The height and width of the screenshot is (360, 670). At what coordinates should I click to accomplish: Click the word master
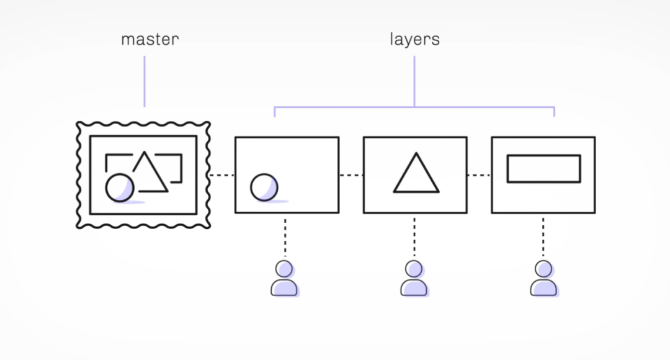click(150, 40)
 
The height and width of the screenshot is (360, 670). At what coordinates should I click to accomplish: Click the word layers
click(414, 40)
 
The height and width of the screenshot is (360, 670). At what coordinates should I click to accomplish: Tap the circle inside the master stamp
click(120, 187)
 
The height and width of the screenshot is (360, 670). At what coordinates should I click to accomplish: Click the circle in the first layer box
click(264, 187)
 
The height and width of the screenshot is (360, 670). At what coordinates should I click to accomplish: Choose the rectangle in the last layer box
click(543, 169)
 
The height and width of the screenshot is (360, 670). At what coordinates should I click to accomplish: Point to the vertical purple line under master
click(145, 81)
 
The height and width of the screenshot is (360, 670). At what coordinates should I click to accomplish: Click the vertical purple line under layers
click(414, 81)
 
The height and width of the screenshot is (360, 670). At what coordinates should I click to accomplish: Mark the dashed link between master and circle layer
click(222, 175)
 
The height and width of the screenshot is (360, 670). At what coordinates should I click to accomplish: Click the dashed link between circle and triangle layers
click(351, 175)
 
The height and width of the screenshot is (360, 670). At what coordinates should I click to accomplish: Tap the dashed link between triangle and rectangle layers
click(479, 175)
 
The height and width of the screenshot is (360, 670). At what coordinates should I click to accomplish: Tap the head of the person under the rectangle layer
click(543, 269)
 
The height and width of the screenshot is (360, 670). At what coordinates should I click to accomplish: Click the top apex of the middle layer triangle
click(416, 154)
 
